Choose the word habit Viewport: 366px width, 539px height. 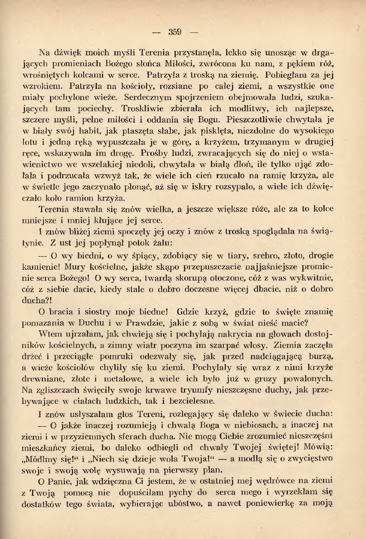tap(96, 131)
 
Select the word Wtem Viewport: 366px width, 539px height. tap(48, 334)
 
